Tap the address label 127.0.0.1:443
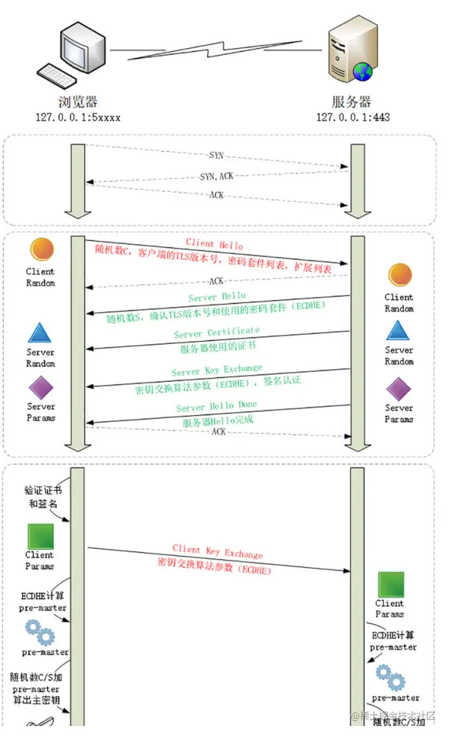pos(353,117)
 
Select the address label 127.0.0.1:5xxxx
pos(78,117)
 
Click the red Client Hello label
pos(214,244)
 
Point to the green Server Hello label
pos(216,297)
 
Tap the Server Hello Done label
pos(216,406)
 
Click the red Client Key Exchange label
pos(217,551)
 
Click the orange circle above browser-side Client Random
pos(40,250)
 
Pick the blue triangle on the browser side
pos(40,332)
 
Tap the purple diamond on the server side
pos(398,389)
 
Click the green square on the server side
pos(390,584)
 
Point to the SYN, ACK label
pos(216,176)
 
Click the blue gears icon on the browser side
pos(40,633)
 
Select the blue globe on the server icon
pos(363,72)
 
